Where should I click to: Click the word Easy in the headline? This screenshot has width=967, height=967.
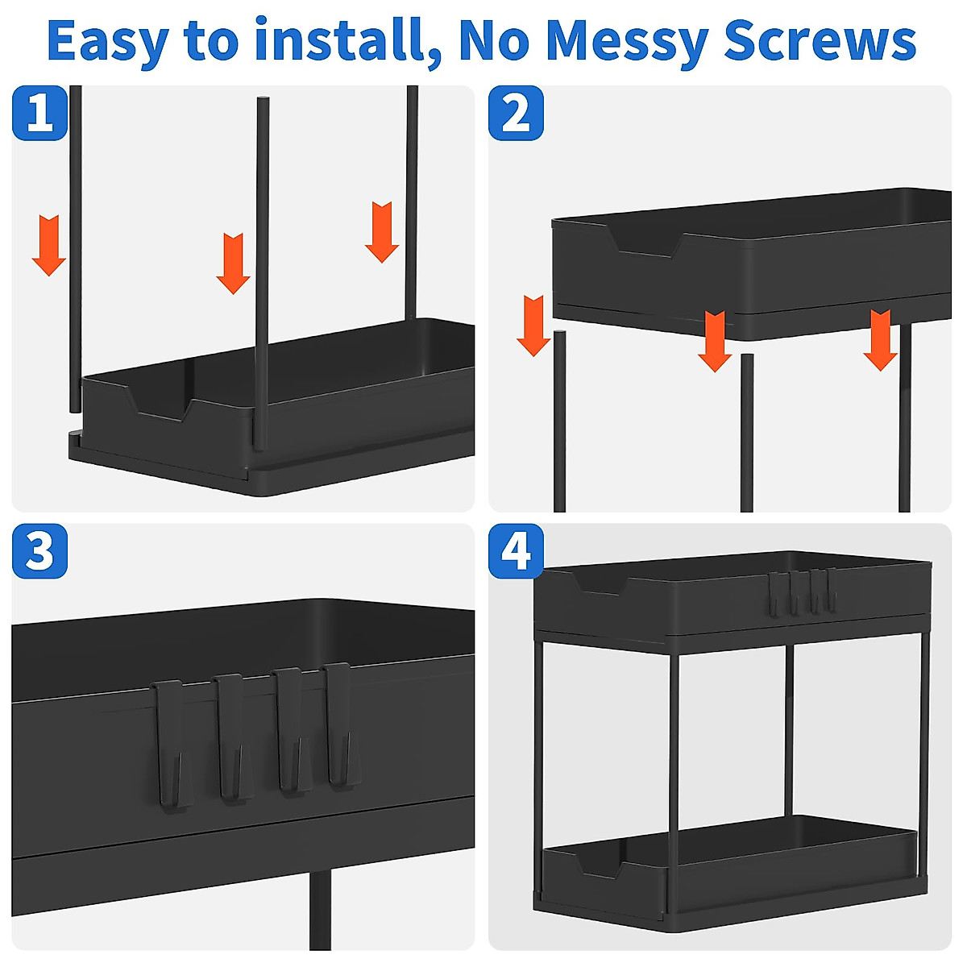pyautogui.click(x=106, y=40)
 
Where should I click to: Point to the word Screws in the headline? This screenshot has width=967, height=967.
pyautogui.click(x=820, y=40)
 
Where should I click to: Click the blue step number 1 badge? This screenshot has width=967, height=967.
pyautogui.click(x=39, y=113)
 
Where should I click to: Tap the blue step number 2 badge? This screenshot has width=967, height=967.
pyautogui.click(x=517, y=113)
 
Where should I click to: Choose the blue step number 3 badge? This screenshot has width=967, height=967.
pyautogui.click(x=39, y=551)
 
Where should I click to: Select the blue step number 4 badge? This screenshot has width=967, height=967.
pyautogui.click(x=517, y=551)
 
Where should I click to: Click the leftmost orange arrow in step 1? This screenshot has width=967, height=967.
pyautogui.click(x=49, y=245)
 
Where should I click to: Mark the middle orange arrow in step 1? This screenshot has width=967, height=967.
pyautogui.click(x=234, y=263)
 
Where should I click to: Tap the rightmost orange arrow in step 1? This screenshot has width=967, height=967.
pyautogui.click(x=382, y=231)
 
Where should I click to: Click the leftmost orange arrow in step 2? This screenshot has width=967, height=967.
pyautogui.click(x=533, y=325)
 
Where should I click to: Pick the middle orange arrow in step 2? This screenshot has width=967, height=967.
pyautogui.click(x=715, y=340)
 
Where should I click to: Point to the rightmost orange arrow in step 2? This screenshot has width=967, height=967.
pyautogui.click(x=881, y=339)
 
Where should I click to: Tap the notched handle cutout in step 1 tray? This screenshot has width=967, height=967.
pyautogui.click(x=160, y=403)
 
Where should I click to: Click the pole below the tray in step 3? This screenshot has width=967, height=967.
pyautogui.click(x=320, y=911)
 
